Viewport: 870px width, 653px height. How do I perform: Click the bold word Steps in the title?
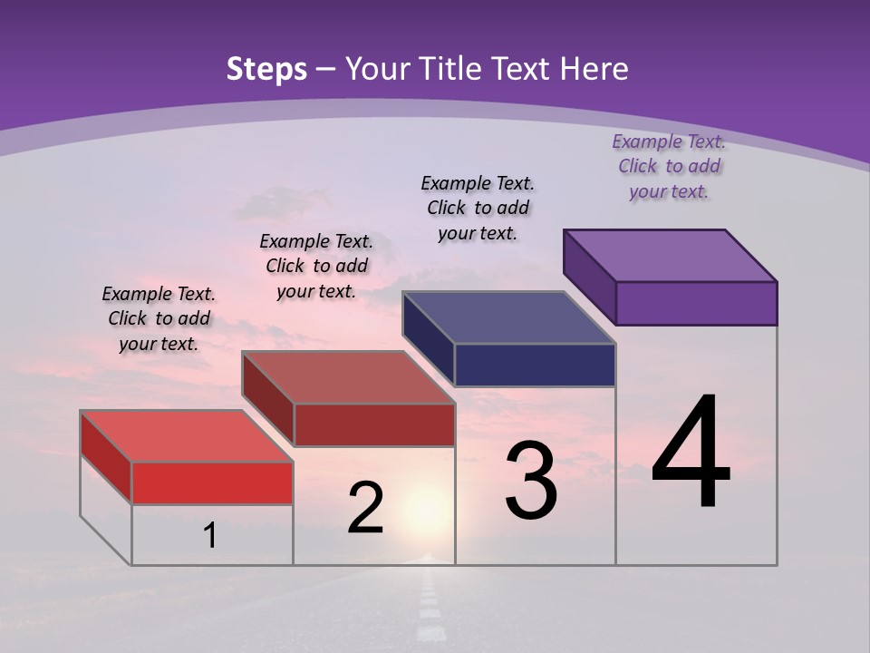click(266, 69)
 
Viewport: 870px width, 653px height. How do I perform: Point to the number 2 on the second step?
click(365, 508)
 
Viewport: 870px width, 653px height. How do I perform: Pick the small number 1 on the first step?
click(209, 536)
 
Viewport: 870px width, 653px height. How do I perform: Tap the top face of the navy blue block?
click(509, 317)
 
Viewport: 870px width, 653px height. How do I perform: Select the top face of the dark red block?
click(348, 377)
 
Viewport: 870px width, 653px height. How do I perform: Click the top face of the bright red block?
click(187, 436)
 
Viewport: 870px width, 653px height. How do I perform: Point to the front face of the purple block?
click(696, 303)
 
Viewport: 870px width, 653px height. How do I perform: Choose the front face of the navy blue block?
click(535, 365)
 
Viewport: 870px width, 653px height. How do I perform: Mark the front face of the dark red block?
click(374, 424)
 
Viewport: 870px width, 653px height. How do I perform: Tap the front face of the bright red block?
click(212, 482)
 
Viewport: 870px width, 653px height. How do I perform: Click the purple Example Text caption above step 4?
click(669, 166)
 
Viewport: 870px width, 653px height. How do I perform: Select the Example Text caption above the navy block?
click(478, 208)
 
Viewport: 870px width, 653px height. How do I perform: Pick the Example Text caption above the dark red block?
click(316, 266)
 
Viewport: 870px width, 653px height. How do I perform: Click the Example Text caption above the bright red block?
click(159, 318)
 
